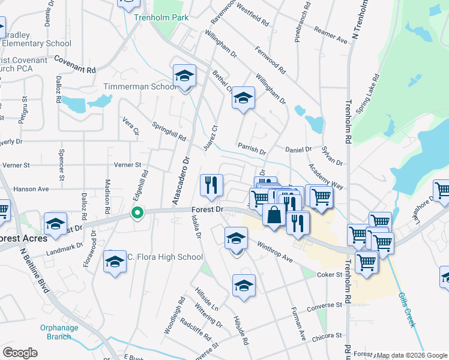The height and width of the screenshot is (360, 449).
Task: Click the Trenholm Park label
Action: (161, 17)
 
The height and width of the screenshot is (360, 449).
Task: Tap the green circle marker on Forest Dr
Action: (137, 212)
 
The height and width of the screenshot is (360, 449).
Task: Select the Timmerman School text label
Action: (139, 86)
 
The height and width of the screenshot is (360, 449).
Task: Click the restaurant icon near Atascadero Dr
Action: (211, 185)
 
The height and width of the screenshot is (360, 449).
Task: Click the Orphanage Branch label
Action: (59, 332)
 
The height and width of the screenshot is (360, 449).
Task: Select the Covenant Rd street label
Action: (75, 65)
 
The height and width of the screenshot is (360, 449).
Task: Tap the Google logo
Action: (20, 352)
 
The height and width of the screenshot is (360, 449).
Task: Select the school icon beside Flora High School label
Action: (115, 262)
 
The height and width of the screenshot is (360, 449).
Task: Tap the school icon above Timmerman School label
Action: (184, 76)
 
